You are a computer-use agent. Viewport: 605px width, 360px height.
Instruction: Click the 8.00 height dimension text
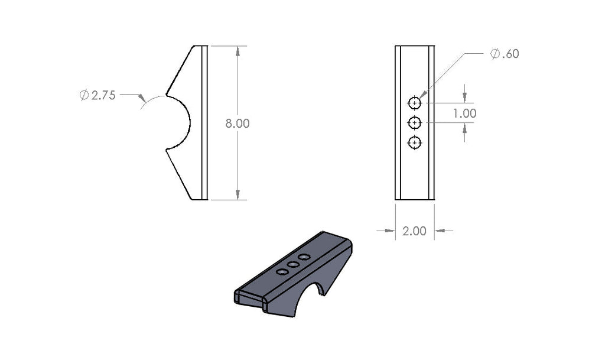pyautogui.click(x=238, y=124)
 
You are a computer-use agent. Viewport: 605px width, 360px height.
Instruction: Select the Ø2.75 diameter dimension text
pyautogui.click(x=98, y=95)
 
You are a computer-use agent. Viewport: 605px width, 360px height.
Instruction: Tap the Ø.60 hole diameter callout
pyautogui.click(x=505, y=54)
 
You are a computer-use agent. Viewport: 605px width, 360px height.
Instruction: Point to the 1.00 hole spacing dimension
pyautogui.click(x=464, y=113)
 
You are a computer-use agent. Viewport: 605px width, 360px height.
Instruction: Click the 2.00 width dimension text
pyautogui.click(x=414, y=231)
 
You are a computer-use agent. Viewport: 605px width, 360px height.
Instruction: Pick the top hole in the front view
pyautogui.click(x=415, y=103)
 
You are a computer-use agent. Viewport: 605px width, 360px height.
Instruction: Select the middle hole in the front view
pyautogui.click(x=415, y=122)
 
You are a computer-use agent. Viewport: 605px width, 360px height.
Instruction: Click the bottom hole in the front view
pyautogui.click(x=415, y=142)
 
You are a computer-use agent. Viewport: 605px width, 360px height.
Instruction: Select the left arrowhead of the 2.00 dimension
pyautogui.click(x=389, y=231)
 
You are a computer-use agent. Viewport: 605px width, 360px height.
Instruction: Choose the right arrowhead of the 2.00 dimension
pyautogui.click(x=439, y=231)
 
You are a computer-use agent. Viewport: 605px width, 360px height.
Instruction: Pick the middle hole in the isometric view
pyautogui.click(x=293, y=264)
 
